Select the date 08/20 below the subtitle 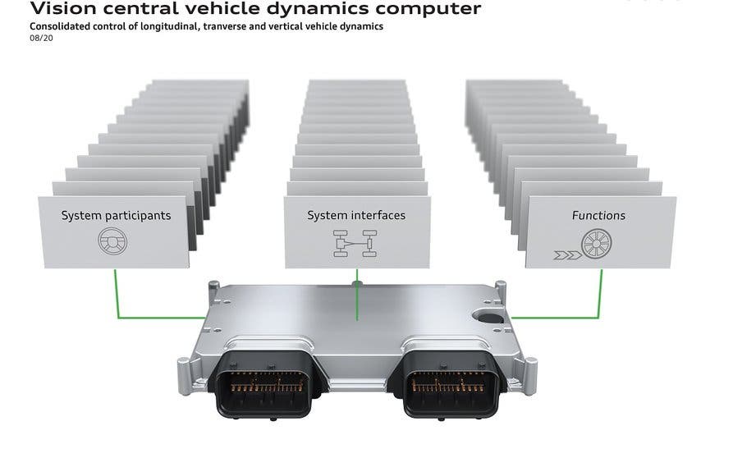(40, 39)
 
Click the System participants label (116, 216)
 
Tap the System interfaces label (356, 215)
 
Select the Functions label (598, 216)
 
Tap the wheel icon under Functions (597, 245)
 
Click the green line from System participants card (116, 295)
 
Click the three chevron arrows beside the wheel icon (566, 255)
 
